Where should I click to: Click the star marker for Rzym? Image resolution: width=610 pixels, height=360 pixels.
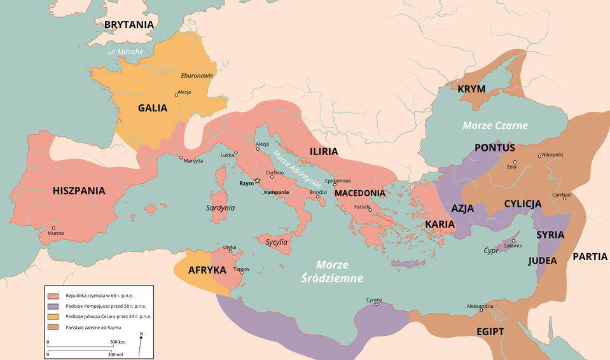pos(257,181)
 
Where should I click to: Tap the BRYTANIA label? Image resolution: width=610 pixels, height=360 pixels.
pos(129,25)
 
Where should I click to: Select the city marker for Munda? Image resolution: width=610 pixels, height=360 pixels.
pos(54,228)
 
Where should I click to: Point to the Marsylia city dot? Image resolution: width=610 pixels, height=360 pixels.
pos(181,158)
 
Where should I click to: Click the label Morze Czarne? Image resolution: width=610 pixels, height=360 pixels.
pos(496,125)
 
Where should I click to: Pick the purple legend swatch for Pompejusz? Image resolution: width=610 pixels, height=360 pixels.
pos(53,306)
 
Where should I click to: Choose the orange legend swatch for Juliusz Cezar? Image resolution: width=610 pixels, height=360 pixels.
pos(53,316)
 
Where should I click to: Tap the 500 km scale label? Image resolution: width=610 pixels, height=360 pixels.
pos(117,342)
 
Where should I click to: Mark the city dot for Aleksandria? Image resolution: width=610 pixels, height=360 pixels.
pos(482,310)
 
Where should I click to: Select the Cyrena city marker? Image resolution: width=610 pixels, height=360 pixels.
pos(377,304)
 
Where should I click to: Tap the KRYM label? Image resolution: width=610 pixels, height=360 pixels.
pos(471,88)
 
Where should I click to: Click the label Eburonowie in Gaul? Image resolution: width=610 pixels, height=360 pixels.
pos(197,75)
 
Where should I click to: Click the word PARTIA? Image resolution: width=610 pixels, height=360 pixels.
pos(590,257)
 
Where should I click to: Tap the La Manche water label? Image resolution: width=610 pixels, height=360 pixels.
pos(125,52)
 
